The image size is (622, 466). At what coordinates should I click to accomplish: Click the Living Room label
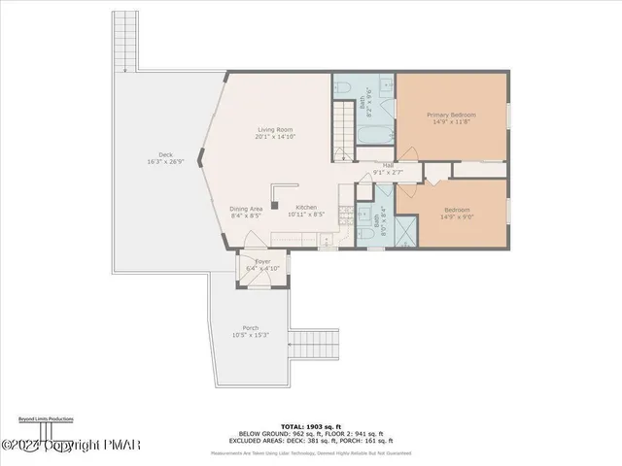[x=275, y=129]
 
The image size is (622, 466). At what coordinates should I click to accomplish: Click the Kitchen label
[x=307, y=207]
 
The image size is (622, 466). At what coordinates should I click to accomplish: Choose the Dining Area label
[x=246, y=209]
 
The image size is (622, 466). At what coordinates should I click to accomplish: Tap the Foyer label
[x=262, y=261]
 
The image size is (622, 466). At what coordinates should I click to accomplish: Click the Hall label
[x=388, y=165]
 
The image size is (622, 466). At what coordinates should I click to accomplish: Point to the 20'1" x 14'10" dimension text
[x=275, y=137]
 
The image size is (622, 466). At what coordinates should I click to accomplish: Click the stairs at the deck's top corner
[x=124, y=41]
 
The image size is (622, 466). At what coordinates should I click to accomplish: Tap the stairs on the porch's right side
[x=313, y=344]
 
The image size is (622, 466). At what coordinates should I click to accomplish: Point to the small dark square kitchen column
[x=275, y=205]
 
